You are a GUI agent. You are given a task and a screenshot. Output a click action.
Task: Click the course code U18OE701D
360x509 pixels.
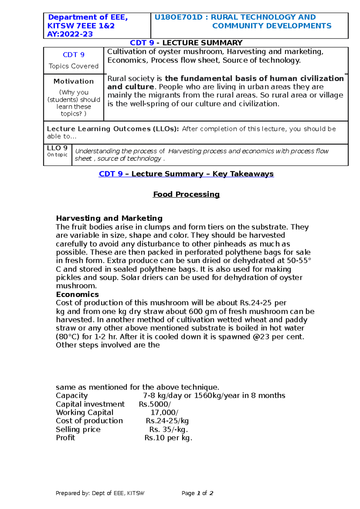(178, 17)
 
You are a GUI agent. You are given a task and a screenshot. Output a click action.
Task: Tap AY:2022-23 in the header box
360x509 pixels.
(70, 34)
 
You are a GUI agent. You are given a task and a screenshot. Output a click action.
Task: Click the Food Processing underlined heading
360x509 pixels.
(186, 194)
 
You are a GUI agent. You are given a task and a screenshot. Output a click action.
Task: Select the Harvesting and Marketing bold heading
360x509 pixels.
(109, 218)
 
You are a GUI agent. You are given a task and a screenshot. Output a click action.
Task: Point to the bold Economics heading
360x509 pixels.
(77, 294)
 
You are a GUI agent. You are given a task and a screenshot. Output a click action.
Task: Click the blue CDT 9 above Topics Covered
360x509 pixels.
(73, 55)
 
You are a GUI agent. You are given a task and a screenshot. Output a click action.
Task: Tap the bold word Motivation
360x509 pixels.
(73, 81)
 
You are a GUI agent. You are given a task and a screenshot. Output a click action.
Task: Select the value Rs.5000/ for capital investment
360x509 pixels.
(155, 404)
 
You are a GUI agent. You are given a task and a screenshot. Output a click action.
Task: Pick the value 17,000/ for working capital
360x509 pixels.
(164, 412)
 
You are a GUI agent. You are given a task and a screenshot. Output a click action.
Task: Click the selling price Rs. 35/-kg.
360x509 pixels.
(169, 429)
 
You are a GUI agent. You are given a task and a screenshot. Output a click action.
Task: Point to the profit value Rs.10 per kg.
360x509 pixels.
(168, 438)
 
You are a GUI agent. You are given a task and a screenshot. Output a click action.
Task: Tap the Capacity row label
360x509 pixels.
(72, 396)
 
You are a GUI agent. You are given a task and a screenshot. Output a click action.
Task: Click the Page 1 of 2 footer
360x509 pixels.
(197, 493)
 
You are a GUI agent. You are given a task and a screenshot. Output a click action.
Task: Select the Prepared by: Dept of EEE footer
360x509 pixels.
(100, 493)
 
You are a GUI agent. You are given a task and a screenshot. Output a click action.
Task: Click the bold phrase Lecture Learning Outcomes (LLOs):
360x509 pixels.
(113, 129)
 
